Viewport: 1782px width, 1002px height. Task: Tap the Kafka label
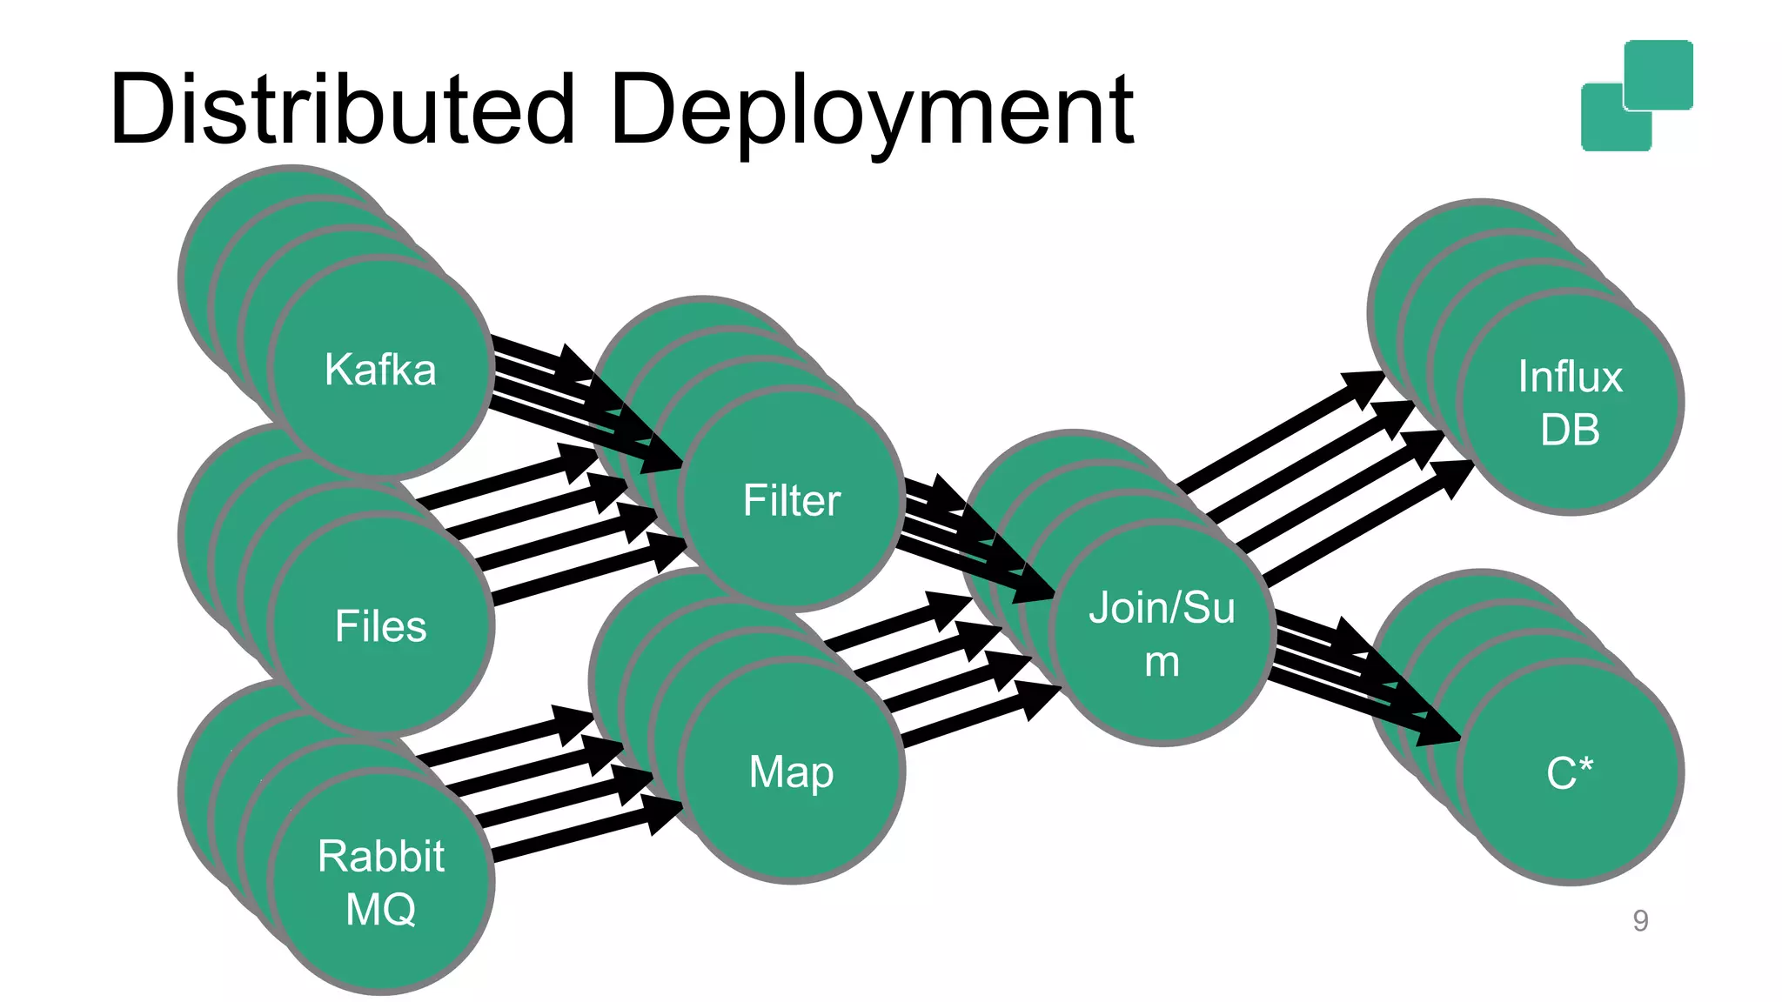380,370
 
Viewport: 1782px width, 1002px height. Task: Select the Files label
380,626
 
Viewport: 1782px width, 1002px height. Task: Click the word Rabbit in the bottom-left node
380,856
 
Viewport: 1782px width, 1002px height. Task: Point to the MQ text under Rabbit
380,910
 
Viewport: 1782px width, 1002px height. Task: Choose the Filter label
791,500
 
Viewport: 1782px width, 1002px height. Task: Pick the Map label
791,772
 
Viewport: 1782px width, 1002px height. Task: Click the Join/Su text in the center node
1162,607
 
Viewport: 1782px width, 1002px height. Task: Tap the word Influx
1570,377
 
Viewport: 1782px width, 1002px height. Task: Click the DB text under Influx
1570,430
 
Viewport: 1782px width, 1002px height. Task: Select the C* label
1570,772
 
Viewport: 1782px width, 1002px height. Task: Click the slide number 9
1640,920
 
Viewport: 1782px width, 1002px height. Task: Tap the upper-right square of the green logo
1658,74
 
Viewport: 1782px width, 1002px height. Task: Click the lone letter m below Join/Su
1162,662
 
